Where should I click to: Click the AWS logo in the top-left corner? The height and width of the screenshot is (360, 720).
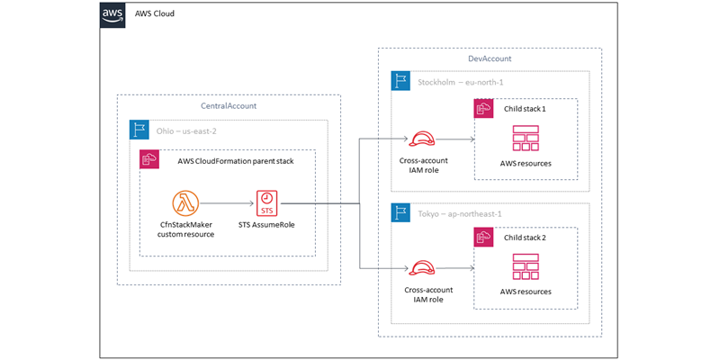112,15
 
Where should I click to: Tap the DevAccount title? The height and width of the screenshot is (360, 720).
490,58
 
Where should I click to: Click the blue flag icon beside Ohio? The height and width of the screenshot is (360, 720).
139,129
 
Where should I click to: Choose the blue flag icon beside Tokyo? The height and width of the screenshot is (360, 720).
400,212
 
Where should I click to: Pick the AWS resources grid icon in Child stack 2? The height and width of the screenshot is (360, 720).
526,267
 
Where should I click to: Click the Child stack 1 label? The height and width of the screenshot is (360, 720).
526,108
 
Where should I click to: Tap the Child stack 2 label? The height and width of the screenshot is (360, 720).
526,238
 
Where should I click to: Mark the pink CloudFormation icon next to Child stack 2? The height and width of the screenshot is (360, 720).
483,238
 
